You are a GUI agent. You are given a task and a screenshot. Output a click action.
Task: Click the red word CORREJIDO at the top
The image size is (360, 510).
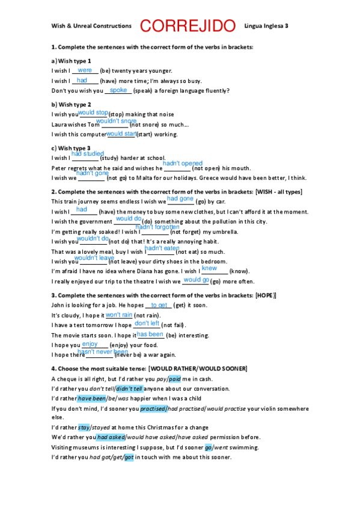click(188, 26)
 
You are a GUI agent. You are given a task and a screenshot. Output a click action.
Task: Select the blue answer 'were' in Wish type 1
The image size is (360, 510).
click(85, 70)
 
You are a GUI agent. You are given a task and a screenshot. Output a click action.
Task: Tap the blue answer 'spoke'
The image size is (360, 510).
click(118, 90)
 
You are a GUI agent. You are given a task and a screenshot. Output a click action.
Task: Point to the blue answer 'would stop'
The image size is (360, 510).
click(93, 112)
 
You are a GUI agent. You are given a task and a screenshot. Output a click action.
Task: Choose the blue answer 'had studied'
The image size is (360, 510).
click(88, 154)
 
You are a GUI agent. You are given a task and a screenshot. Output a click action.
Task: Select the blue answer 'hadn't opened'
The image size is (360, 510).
click(183, 164)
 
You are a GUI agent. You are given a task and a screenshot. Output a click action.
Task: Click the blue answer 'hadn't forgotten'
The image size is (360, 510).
click(157, 227)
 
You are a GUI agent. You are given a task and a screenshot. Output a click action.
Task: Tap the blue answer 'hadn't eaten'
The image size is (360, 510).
click(162, 248)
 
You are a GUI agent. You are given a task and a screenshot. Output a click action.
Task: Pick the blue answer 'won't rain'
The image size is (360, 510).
click(119, 315)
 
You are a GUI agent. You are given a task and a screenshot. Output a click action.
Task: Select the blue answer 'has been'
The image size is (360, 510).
click(150, 334)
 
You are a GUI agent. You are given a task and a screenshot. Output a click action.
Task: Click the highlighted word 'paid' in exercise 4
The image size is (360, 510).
click(174, 379)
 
